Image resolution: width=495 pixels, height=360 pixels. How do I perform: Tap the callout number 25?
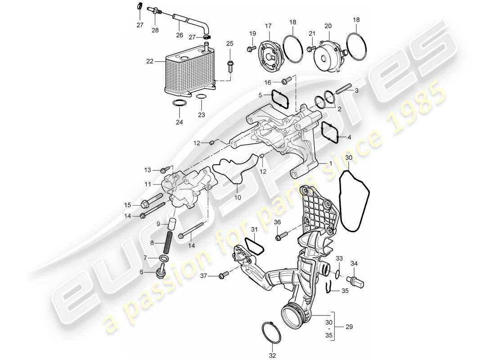pyautogui.click(x=230, y=44)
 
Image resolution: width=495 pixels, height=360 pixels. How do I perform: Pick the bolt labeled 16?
pyautogui.click(x=284, y=81)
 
